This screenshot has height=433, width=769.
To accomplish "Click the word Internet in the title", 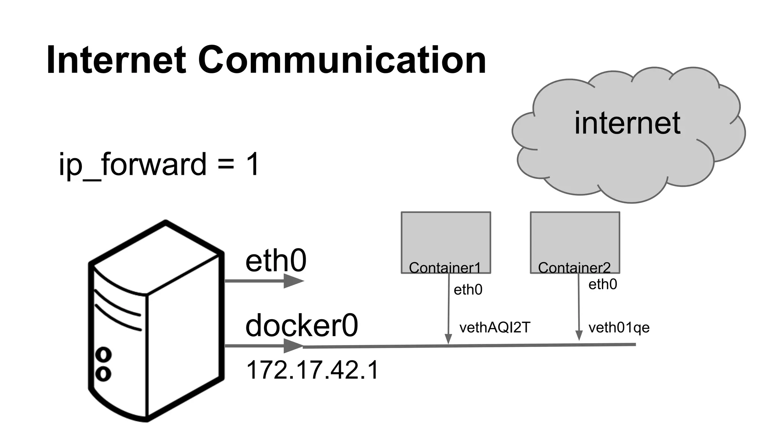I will (x=116, y=60).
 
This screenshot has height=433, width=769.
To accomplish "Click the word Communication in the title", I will (x=342, y=60).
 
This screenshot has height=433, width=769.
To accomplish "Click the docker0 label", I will (x=302, y=326).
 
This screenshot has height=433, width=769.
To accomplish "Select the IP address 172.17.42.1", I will (x=312, y=370).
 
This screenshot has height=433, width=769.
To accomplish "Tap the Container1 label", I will (x=445, y=268).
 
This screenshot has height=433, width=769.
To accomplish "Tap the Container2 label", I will (x=574, y=268).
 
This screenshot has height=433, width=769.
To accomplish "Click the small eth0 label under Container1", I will (x=468, y=290).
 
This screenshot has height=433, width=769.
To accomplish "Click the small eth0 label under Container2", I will (x=603, y=285).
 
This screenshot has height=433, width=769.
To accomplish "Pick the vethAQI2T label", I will (x=495, y=328).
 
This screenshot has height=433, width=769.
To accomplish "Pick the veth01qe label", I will (x=619, y=328).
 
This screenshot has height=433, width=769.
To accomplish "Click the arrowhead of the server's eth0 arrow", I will (x=293, y=281).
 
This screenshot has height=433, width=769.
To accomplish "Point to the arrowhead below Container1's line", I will (x=448, y=339).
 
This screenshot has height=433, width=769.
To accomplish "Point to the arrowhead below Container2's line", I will (x=579, y=336).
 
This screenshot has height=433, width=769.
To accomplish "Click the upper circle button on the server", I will (x=103, y=354).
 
